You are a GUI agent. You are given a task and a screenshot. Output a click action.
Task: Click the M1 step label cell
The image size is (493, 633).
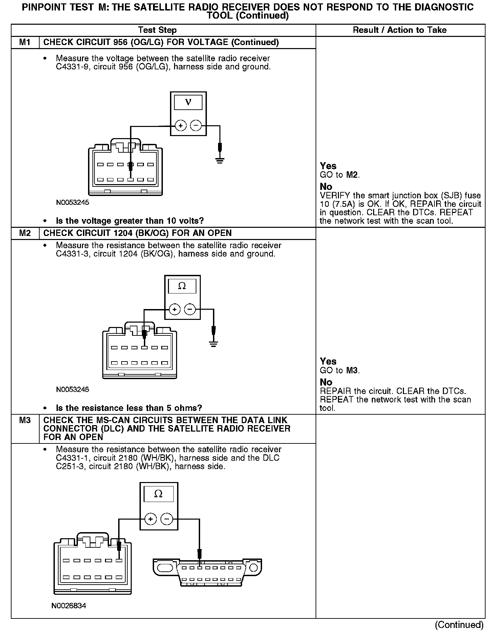[25, 42]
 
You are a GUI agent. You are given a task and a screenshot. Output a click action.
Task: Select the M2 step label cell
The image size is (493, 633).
[25, 233]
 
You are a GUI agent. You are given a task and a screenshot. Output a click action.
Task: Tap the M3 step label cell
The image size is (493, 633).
[25, 420]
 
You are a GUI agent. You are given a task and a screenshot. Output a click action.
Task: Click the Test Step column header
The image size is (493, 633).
[157, 30]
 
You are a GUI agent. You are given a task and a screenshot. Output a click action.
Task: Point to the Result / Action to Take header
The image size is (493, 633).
[400, 30]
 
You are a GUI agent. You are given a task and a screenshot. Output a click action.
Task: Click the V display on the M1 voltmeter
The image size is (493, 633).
[188, 102]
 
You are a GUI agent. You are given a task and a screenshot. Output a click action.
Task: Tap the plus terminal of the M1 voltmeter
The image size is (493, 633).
[181, 126]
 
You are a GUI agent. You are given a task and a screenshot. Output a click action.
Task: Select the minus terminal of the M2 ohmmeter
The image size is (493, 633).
[190, 309]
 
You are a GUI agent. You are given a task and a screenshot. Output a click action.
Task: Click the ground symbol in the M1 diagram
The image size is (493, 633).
[220, 160]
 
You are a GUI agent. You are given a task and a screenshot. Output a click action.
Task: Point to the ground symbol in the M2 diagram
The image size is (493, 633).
[213, 344]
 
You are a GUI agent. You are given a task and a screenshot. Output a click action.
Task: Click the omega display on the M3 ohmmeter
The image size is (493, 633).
[158, 494]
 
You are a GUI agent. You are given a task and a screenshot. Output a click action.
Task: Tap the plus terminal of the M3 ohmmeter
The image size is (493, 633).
[151, 519]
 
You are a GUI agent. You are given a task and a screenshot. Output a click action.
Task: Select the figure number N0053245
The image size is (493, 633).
[72, 203]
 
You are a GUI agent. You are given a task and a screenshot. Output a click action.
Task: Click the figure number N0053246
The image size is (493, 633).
[72, 389]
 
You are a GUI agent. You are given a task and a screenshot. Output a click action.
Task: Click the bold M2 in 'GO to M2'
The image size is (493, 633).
[352, 175]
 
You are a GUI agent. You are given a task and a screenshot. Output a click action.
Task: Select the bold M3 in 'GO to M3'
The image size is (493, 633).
[352, 370]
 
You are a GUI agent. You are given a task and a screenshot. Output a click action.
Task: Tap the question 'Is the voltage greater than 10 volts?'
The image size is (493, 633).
[130, 221]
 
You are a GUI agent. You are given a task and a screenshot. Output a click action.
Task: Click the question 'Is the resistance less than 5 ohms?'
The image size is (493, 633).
[129, 408]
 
